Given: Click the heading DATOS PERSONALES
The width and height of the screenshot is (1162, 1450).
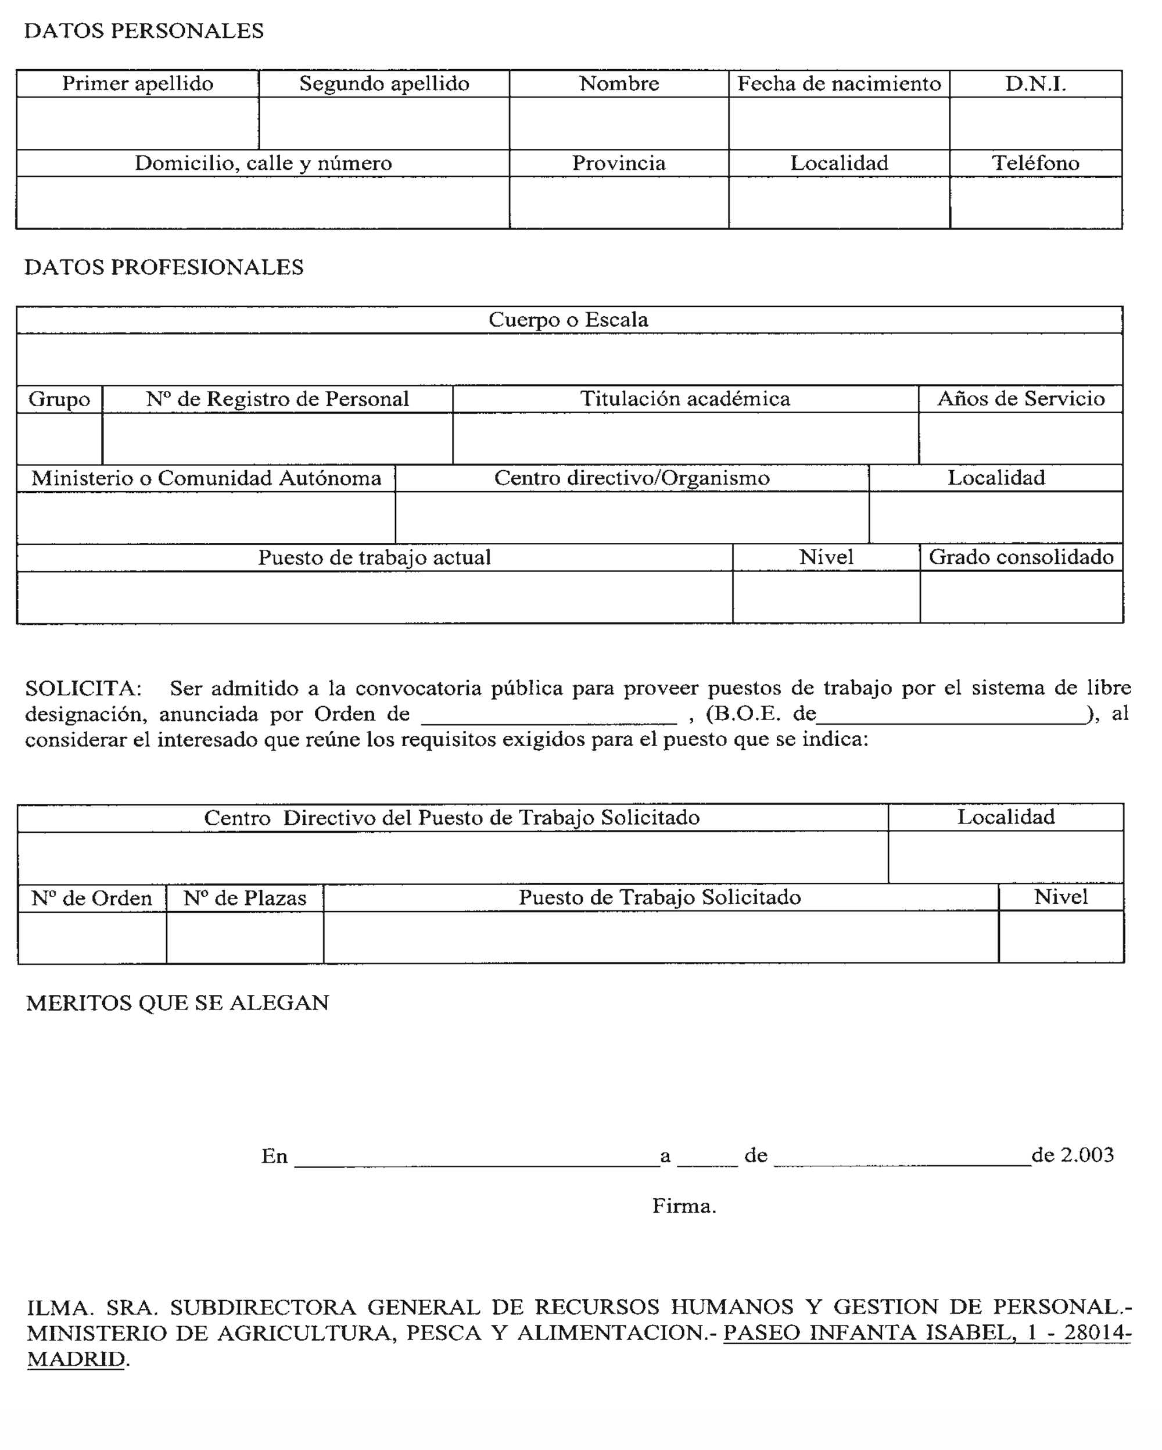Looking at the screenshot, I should pyautogui.click(x=144, y=31).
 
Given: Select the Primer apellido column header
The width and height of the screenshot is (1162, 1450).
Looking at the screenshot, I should pyautogui.click(x=138, y=84).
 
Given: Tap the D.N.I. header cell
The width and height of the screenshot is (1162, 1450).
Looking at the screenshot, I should pyautogui.click(x=1035, y=84).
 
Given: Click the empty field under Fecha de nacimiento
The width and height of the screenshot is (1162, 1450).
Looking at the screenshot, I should pyautogui.click(x=838, y=124).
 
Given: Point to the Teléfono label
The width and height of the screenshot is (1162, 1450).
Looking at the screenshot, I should pyautogui.click(x=1035, y=163).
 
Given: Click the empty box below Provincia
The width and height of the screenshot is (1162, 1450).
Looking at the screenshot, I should pyautogui.click(x=619, y=202).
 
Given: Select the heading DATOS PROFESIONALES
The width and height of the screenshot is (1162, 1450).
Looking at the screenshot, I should pyautogui.click(x=164, y=268).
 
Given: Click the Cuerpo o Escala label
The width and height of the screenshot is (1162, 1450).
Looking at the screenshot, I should pyautogui.click(x=568, y=320).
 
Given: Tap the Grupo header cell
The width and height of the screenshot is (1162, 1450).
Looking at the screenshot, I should pyautogui.click(x=59, y=399).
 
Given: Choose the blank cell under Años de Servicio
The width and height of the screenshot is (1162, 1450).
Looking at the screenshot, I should pyautogui.click(x=1020, y=439).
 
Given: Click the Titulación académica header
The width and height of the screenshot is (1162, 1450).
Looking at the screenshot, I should pyautogui.click(x=684, y=399).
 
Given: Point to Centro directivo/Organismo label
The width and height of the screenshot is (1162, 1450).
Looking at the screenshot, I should pyautogui.click(x=632, y=478).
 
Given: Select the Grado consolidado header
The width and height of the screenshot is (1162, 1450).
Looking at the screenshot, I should pyautogui.click(x=1021, y=557).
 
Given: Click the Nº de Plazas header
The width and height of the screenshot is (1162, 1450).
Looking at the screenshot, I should pyautogui.click(x=245, y=898).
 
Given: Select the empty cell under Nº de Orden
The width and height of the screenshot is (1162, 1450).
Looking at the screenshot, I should pyautogui.click(x=92, y=937).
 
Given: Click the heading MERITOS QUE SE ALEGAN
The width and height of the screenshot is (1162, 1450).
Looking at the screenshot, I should pyautogui.click(x=178, y=1004).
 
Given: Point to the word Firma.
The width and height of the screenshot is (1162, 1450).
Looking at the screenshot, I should pyautogui.click(x=684, y=1206).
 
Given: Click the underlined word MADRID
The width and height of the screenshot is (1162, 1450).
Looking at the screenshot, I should pyautogui.click(x=76, y=1359).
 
